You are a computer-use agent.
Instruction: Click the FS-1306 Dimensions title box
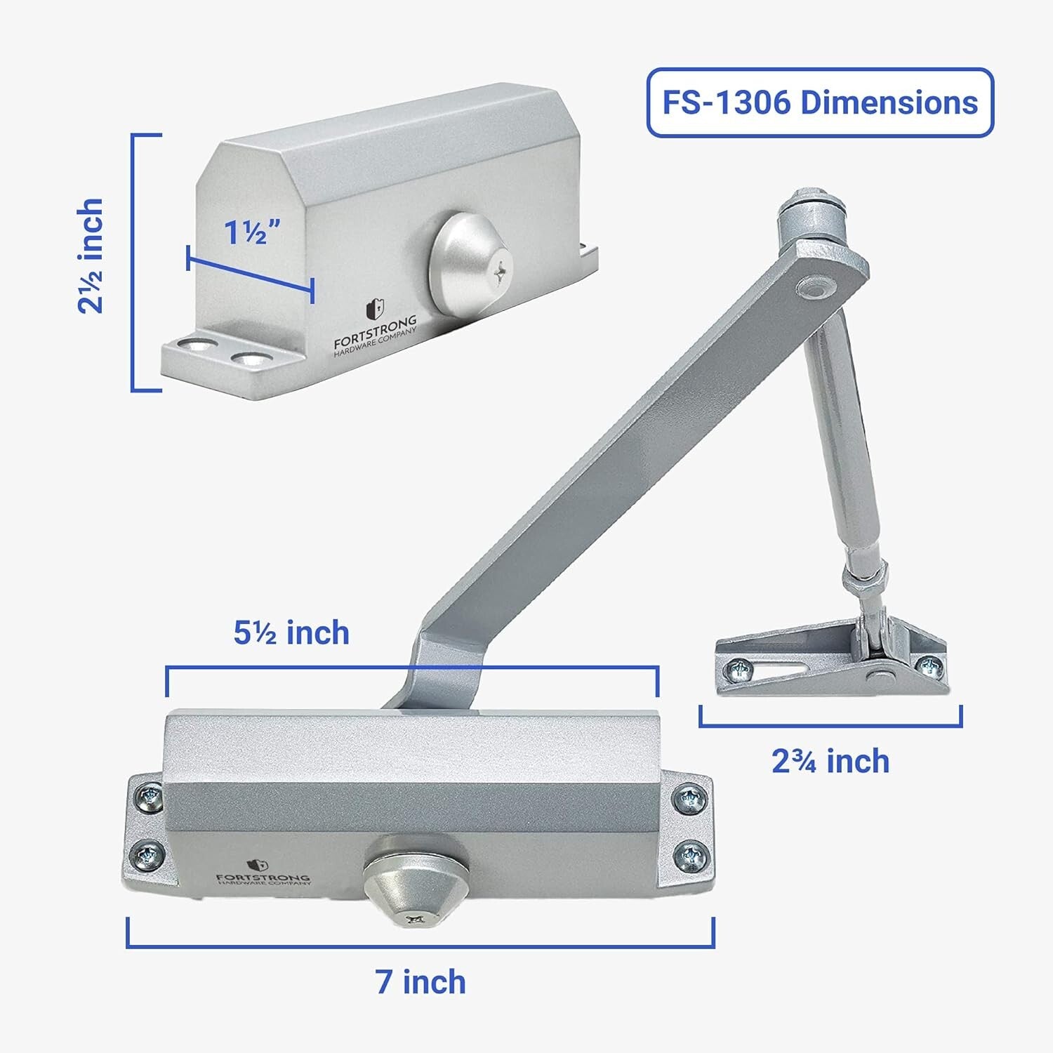click(819, 102)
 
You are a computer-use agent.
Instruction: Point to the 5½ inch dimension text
click(291, 633)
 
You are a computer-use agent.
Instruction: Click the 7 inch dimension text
click(420, 981)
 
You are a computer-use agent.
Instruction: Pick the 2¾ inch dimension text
click(830, 762)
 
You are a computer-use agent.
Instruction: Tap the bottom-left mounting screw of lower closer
click(148, 854)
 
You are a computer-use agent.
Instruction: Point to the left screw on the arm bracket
click(739, 670)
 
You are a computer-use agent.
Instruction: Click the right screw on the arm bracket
click(931, 664)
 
